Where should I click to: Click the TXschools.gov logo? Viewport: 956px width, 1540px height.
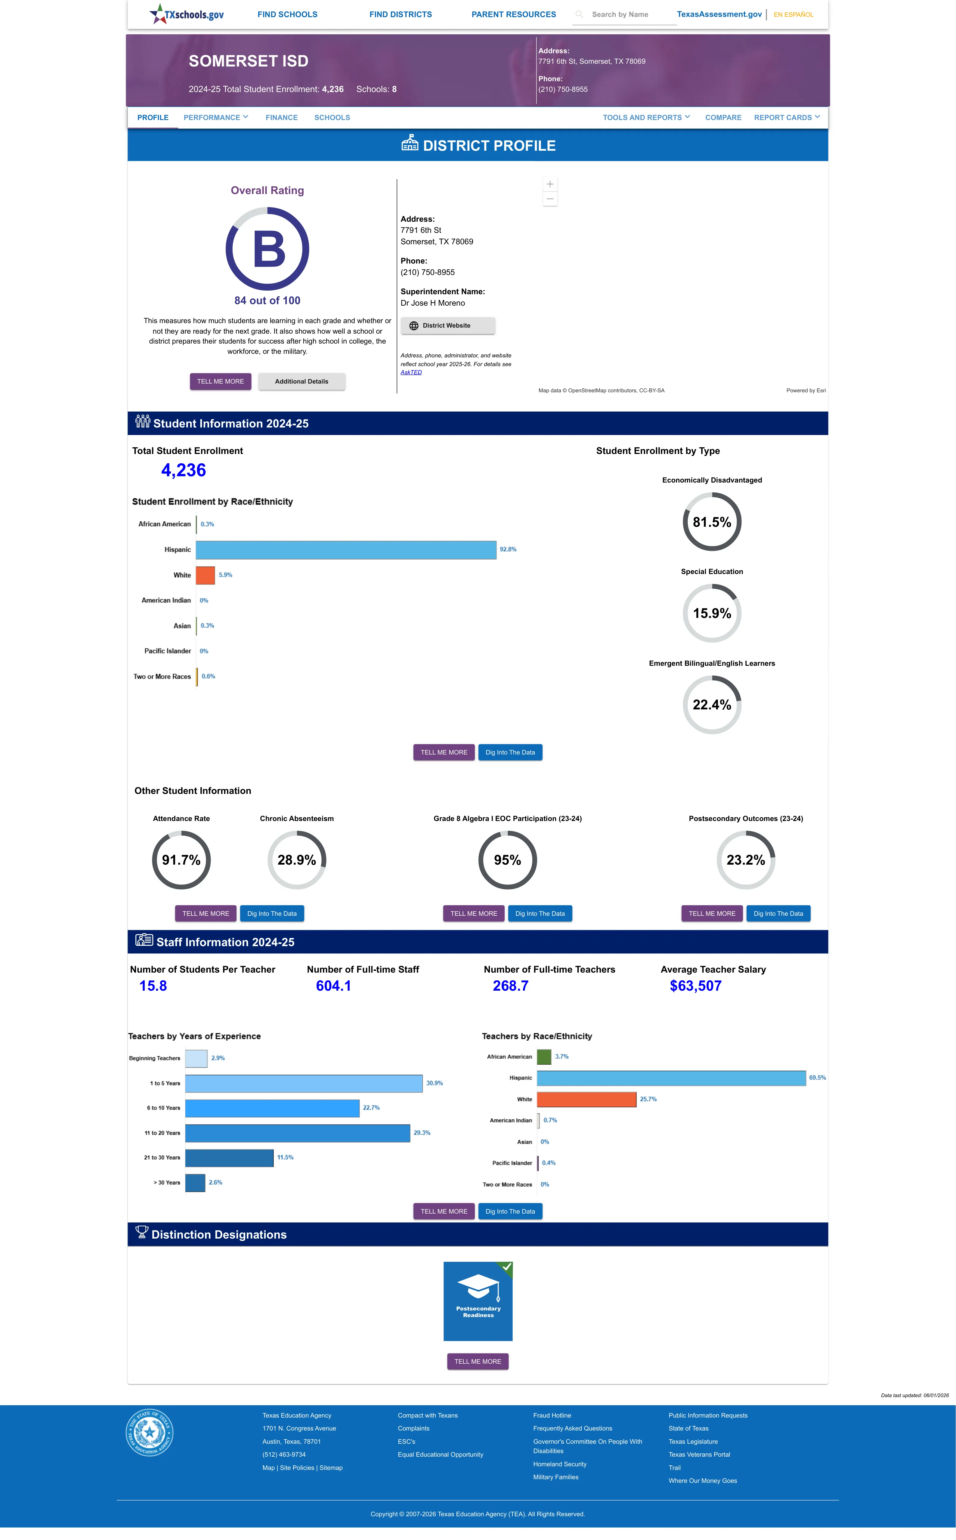[187, 14]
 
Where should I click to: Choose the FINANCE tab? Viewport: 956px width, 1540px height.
[281, 118]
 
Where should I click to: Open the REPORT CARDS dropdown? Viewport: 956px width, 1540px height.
[787, 118]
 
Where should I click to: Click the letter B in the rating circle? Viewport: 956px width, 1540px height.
[269, 249]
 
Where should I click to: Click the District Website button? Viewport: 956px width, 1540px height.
[448, 326]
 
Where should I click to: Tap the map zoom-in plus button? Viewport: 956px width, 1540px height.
[550, 184]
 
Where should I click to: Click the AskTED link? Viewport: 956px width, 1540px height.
[411, 372]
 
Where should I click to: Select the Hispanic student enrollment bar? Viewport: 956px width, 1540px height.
[346, 550]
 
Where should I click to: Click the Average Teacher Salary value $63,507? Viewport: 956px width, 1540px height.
[695, 986]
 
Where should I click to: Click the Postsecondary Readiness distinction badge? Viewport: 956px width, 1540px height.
[478, 1301]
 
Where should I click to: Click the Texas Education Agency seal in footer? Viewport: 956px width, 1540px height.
[149, 1432]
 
